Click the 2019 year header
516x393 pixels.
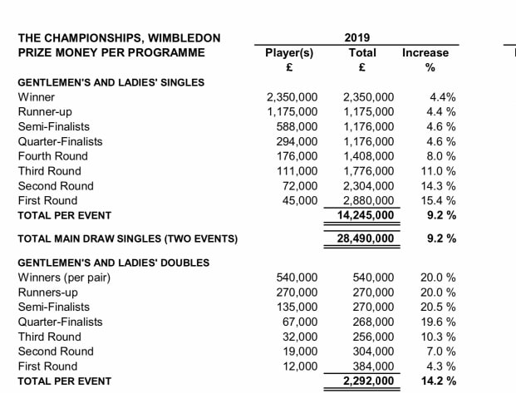[x=357, y=37]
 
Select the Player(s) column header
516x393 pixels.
[x=288, y=52]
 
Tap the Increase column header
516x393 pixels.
[x=425, y=52]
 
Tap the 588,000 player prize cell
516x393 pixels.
[x=297, y=126]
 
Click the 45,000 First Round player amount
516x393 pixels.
[x=300, y=200]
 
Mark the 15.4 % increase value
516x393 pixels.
[x=439, y=200]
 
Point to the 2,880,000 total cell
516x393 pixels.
[x=368, y=200]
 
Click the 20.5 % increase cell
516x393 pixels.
[x=439, y=307]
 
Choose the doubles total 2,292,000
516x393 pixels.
[x=368, y=381]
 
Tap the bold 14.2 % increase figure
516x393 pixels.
[x=439, y=381]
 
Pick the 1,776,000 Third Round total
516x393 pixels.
[x=368, y=170]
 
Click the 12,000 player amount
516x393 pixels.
[x=300, y=366]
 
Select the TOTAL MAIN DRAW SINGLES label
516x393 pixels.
[x=127, y=239]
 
